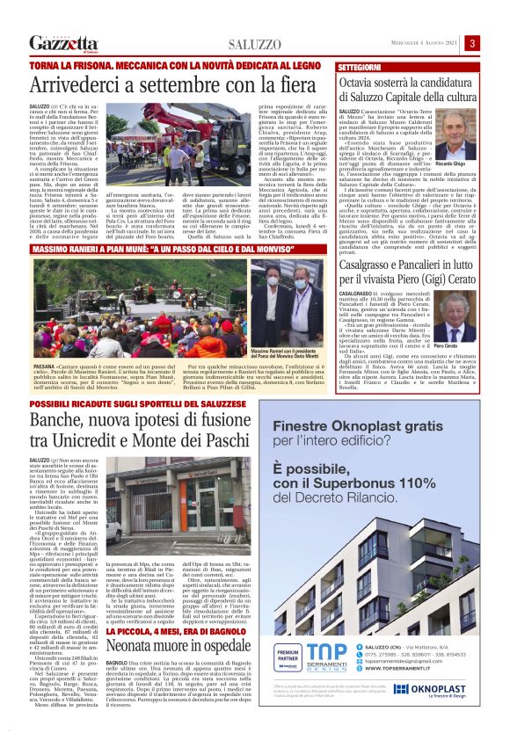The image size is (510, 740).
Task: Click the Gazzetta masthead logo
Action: [x=62, y=43]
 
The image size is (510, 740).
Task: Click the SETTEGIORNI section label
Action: [x=360, y=67]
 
